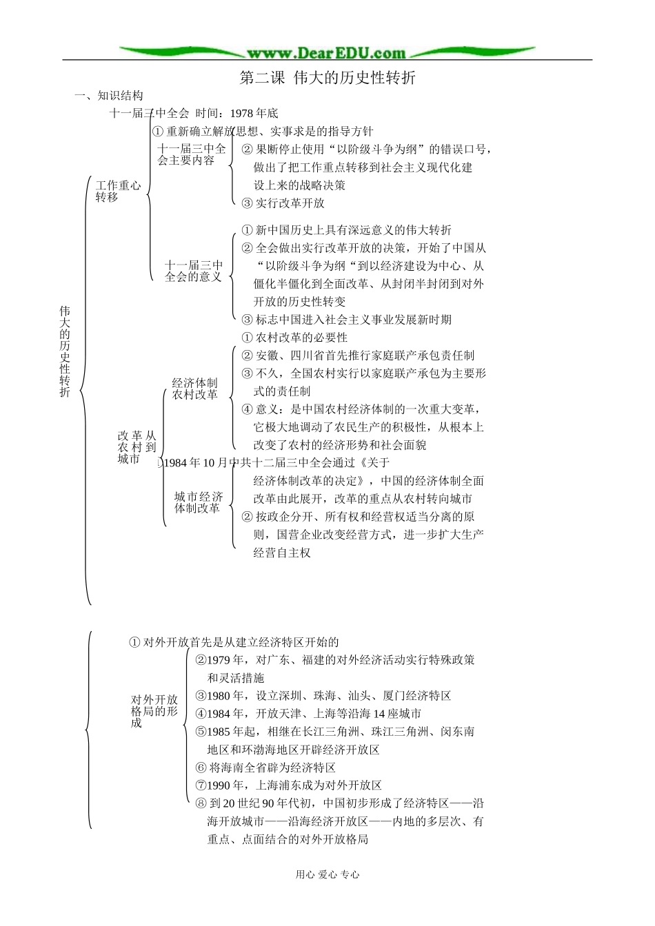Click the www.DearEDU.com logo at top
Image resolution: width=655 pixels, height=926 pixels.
click(327, 52)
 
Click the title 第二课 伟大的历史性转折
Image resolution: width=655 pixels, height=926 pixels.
click(327, 78)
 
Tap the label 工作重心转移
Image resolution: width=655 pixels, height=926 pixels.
click(118, 192)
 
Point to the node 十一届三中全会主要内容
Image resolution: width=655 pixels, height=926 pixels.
click(191, 154)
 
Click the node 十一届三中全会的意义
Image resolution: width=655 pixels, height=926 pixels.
click(194, 271)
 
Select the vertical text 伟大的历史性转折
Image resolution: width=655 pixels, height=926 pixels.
click(65, 351)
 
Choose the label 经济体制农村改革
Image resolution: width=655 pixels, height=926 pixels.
click(194, 389)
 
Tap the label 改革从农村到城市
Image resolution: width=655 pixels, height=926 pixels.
click(137, 447)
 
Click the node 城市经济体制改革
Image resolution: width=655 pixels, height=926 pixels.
click(199, 502)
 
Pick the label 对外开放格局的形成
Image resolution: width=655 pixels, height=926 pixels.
click(154, 711)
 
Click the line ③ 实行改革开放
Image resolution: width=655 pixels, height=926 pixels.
click(283, 203)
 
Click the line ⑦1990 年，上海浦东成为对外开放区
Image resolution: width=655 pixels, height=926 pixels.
click(288, 785)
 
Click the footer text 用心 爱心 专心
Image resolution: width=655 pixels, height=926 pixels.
click(327, 874)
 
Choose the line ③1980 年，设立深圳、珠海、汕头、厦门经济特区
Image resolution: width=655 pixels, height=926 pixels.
click(323, 696)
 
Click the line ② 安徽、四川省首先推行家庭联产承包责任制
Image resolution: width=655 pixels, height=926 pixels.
click(358, 356)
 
